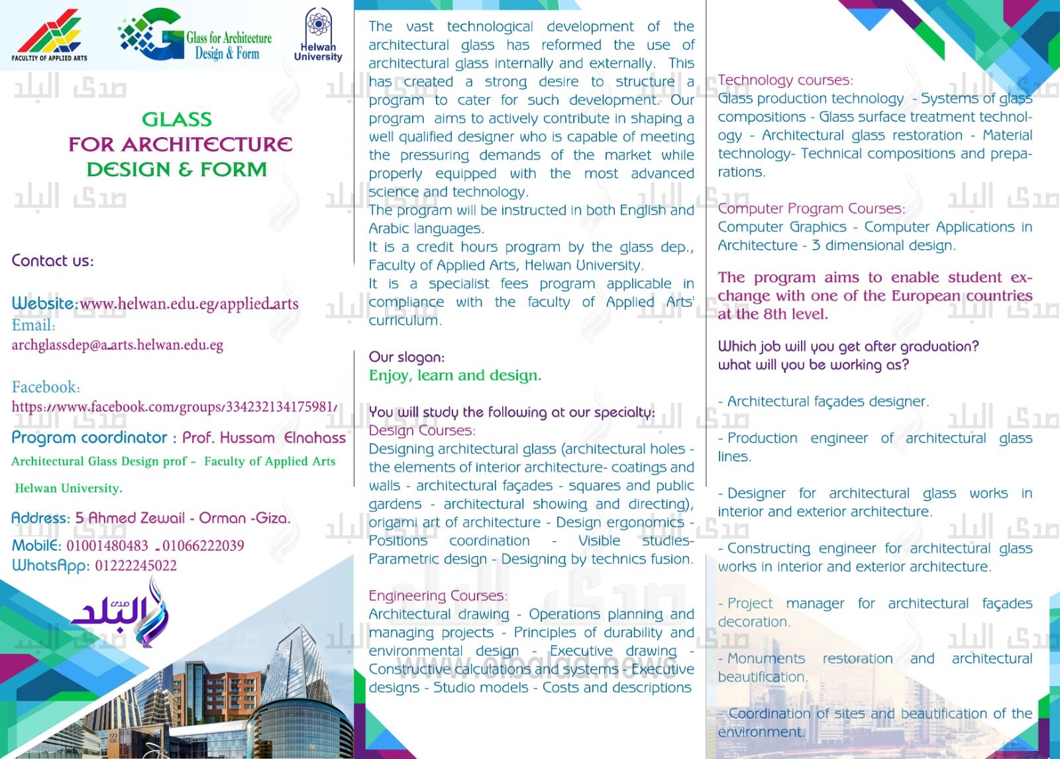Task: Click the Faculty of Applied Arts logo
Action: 50,34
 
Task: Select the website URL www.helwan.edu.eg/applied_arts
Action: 189,304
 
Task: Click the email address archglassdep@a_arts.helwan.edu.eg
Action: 117,345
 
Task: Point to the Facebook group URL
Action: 174,407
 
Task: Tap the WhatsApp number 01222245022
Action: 136,566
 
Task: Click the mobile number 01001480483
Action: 107,546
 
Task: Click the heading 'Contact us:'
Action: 52,261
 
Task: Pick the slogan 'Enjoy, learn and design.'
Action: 454,376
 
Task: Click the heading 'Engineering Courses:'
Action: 438,595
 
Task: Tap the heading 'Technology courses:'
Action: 785,80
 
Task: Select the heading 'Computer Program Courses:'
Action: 811,209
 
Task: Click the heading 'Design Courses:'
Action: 421,430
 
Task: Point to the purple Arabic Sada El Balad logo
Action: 123,613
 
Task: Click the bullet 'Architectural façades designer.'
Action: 827,401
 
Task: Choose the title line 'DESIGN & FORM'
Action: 177,170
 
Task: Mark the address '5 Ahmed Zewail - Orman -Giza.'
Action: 183,518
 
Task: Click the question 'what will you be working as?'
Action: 813,365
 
